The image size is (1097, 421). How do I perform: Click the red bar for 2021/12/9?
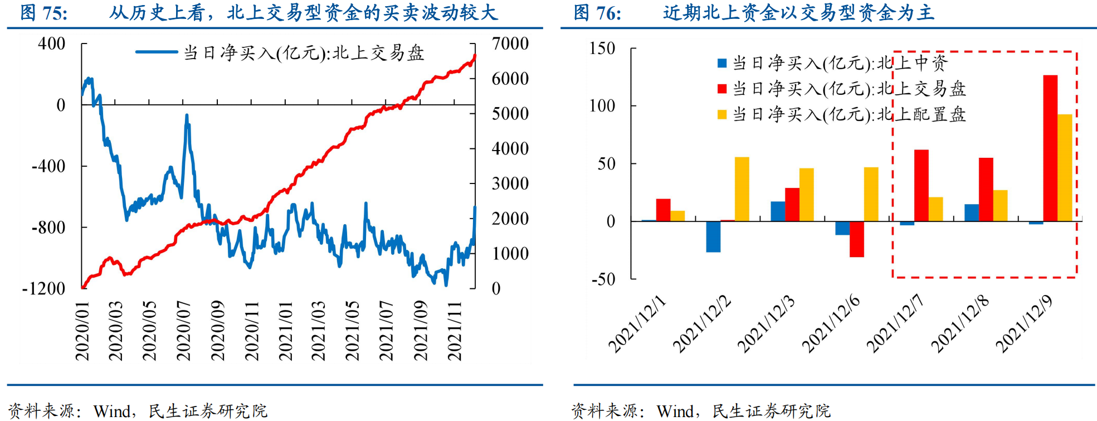[1050, 148]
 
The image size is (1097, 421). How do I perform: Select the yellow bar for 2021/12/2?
[742, 189]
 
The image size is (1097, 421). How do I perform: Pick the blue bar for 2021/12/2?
[713, 236]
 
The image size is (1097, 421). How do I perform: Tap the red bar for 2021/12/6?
[856, 239]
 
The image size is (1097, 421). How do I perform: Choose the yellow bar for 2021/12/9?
[1064, 168]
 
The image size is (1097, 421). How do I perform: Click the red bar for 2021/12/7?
[921, 186]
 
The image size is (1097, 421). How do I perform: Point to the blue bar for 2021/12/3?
[778, 211]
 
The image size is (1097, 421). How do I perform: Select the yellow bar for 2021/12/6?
[871, 194]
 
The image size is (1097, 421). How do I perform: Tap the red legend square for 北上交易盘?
[722, 89]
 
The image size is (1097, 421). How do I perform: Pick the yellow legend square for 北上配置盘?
[722, 114]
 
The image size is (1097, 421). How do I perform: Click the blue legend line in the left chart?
[157, 52]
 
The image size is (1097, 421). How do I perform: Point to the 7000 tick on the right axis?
[510, 43]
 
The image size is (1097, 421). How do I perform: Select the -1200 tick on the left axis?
[43, 288]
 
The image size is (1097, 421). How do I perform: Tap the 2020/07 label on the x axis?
[183, 331]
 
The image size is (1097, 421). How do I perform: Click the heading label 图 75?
[43, 13]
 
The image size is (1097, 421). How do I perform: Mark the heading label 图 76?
[597, 13]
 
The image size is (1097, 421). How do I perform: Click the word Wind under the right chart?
[675, 412]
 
